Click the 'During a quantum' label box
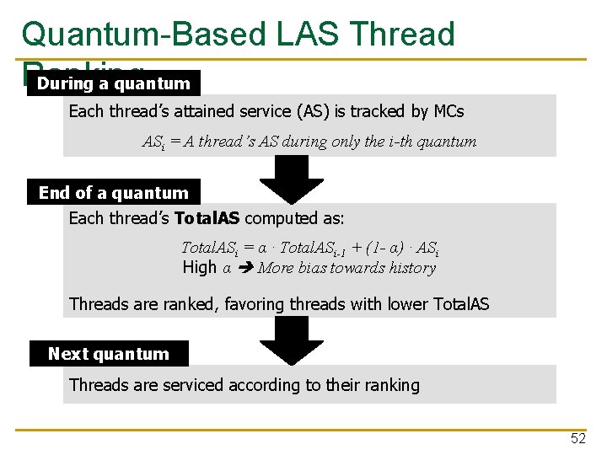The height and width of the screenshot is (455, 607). pyautogui.click(x=114, y=83)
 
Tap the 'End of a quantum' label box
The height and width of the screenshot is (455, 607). pyautogui.click(x=114, y=193)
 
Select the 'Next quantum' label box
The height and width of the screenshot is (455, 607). pyautogui.click(x=109, y=354)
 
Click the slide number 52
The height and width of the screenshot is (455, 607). pyautogui.click(x=578, y=438)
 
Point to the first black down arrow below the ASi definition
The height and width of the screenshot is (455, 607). pyautogui.click(x=292, y=178)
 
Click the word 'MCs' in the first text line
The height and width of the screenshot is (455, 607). pyautogui.click(x=449, y=111)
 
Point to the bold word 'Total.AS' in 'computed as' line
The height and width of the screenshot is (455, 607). pyautogui.click(x=207, y=219)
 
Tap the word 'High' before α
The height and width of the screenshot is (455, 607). pyautogui.click(x=200, y=268)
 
